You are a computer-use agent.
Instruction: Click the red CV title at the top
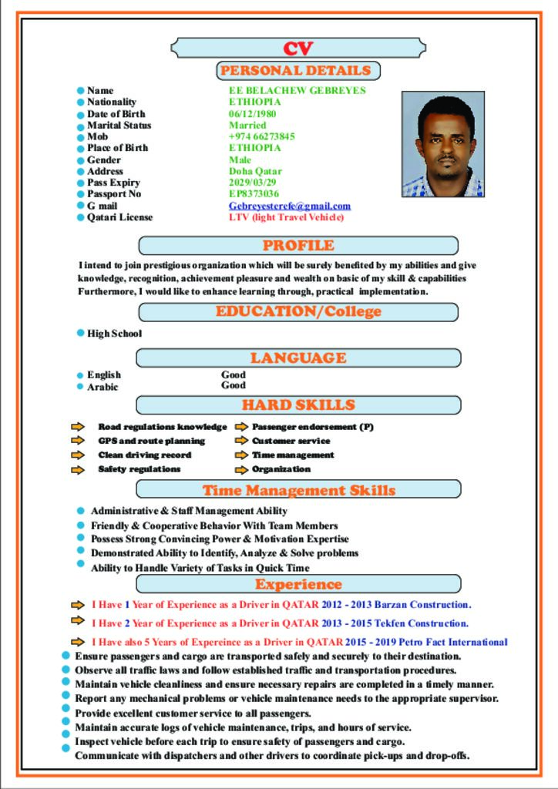[x=297, y=49]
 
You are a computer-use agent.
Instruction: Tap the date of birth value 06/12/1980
[x=252, y=114]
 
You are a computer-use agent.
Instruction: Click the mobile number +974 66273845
[x=261, y=136]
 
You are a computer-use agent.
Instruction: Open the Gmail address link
[x=289, y=206]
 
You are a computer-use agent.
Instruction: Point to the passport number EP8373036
[x=254, y=194]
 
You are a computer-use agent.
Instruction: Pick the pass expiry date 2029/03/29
[x=252, y=183]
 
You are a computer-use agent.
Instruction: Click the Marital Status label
[x=119, y=126]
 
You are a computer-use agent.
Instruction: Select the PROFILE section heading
[x=298, y=246]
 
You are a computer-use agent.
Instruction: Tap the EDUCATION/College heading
[x=298, y=312]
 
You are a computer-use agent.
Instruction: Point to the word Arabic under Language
[x=103, y=387]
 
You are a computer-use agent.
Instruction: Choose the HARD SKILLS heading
[x=298, y=405]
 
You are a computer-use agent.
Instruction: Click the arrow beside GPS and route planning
[x=78, y=441]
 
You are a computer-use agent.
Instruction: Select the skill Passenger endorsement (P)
[x=312, y=427]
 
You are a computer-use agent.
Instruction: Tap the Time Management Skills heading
[x=298, y=490]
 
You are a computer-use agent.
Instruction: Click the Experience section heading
[x=298, y=584]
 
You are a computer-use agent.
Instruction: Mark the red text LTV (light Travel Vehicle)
[x=286, y=217]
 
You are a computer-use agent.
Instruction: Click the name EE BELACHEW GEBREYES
[x=297, y=91]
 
